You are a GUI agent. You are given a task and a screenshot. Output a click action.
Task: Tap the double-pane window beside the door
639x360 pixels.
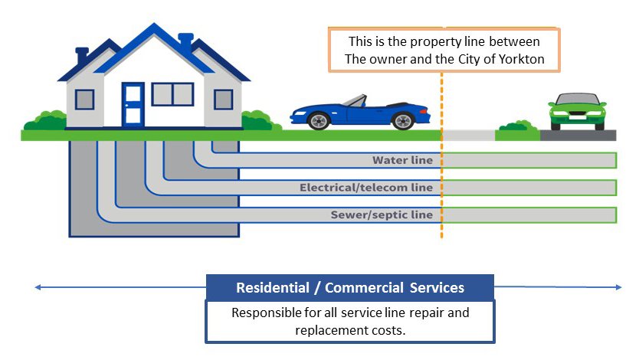(172, 94)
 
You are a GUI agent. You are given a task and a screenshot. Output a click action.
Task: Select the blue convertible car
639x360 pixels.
(360, 113)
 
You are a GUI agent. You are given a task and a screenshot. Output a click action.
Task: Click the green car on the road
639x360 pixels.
(578, 113)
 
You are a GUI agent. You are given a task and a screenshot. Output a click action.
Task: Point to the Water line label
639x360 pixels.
(402, 161)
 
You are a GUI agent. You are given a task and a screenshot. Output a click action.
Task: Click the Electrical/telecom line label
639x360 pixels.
(366, 188)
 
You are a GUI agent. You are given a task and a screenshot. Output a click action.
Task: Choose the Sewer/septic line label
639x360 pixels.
(382, 214)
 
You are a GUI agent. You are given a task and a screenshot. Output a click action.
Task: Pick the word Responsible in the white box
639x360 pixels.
(268, 313)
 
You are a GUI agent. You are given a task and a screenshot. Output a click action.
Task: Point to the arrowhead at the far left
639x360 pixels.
(37, 288)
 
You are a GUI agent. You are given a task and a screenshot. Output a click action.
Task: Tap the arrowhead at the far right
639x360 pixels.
(619, 288)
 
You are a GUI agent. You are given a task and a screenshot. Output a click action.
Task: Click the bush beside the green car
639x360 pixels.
(518, 126)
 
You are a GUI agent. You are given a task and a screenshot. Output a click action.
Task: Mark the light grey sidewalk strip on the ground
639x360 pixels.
(468, 136)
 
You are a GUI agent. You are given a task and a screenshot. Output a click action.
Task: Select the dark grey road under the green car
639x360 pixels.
(578, 136)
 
